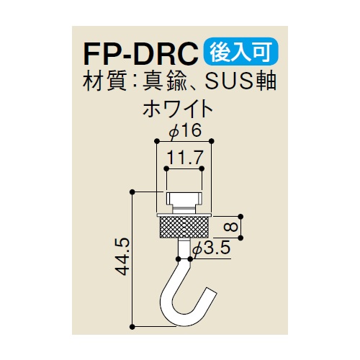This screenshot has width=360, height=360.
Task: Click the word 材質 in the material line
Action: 104,81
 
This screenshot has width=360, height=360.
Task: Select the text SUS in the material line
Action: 229,81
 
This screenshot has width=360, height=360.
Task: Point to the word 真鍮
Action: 164,81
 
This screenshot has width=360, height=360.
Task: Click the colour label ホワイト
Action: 178,110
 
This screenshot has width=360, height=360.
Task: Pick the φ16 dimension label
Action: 185,131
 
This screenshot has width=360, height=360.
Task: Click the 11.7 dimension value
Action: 185,157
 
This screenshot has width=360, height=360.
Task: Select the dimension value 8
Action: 232,227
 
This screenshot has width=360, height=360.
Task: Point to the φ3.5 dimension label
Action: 211,248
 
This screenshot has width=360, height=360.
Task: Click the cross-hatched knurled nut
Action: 184,227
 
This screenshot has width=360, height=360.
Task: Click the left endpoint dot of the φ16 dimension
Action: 157,141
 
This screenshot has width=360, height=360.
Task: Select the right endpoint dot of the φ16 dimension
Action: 211,141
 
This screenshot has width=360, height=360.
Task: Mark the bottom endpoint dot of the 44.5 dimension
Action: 132,327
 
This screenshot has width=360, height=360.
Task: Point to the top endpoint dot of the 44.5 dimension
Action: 132,192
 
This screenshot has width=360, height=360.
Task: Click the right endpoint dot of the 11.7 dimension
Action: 202,168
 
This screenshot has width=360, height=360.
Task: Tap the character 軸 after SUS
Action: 266,81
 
